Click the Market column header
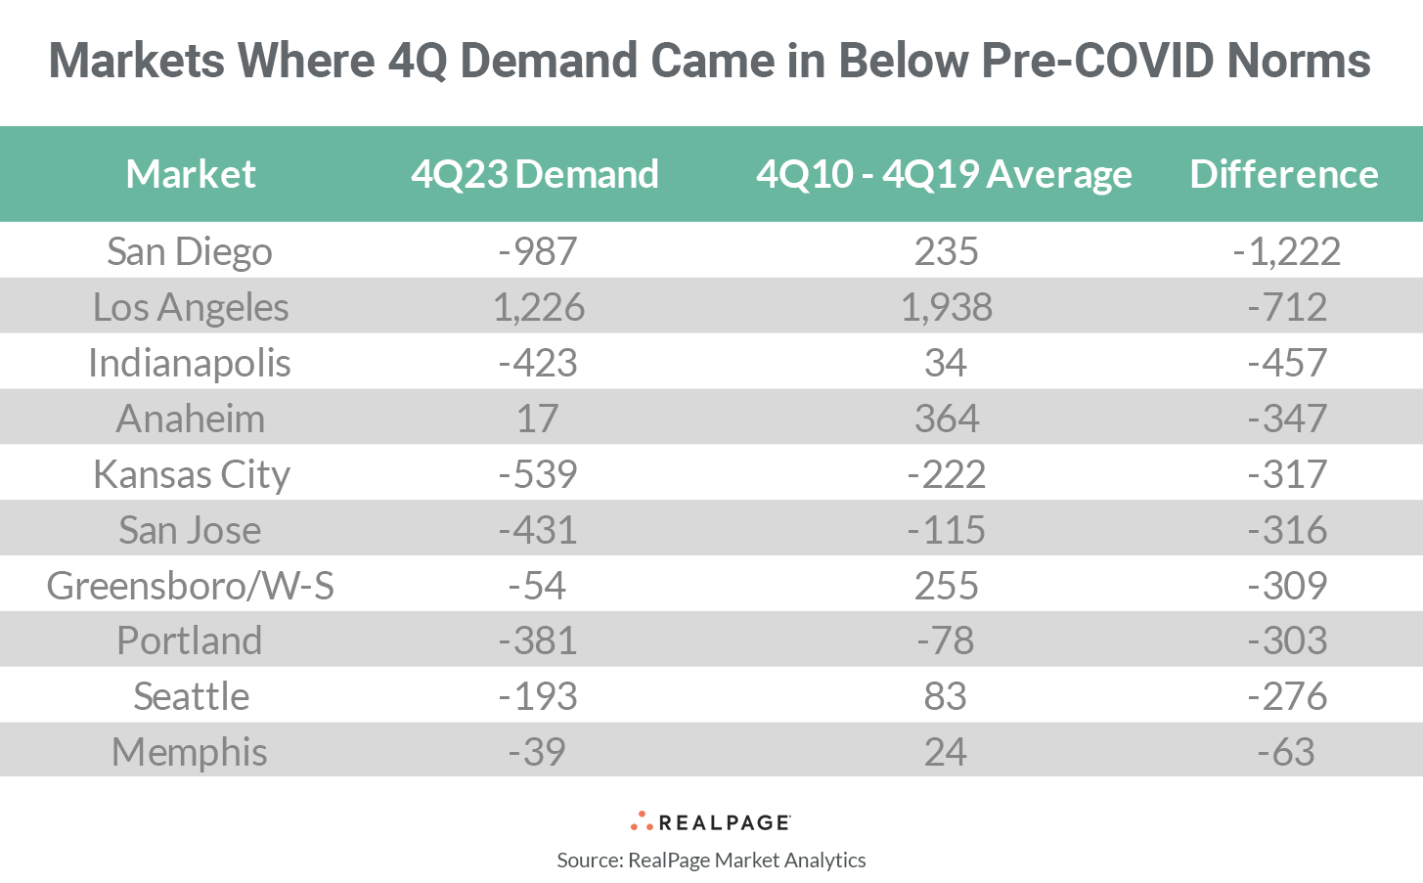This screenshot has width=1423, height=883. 191,174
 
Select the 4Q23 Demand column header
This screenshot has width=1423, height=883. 534,174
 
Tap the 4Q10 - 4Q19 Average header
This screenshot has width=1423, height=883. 944,174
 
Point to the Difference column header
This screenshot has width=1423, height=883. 1283,174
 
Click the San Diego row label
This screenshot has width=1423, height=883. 190,251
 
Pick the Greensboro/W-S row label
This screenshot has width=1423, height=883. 190,586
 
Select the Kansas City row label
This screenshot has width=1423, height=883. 192,474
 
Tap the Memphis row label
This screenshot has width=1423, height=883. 190,752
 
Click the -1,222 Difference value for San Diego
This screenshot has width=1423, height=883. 1286,251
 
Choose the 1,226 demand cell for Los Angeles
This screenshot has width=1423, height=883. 538,307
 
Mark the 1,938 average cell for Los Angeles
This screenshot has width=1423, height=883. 946,307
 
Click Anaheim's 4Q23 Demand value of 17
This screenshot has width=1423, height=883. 537,419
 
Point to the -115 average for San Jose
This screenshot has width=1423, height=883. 946,530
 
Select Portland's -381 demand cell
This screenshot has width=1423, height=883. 537,640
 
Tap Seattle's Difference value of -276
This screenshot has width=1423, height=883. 1287,696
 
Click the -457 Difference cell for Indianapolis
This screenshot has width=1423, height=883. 1287,363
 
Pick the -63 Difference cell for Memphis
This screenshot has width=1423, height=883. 1286,752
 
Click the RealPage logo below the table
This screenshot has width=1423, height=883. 711,821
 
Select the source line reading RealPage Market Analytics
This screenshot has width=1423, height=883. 711,861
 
